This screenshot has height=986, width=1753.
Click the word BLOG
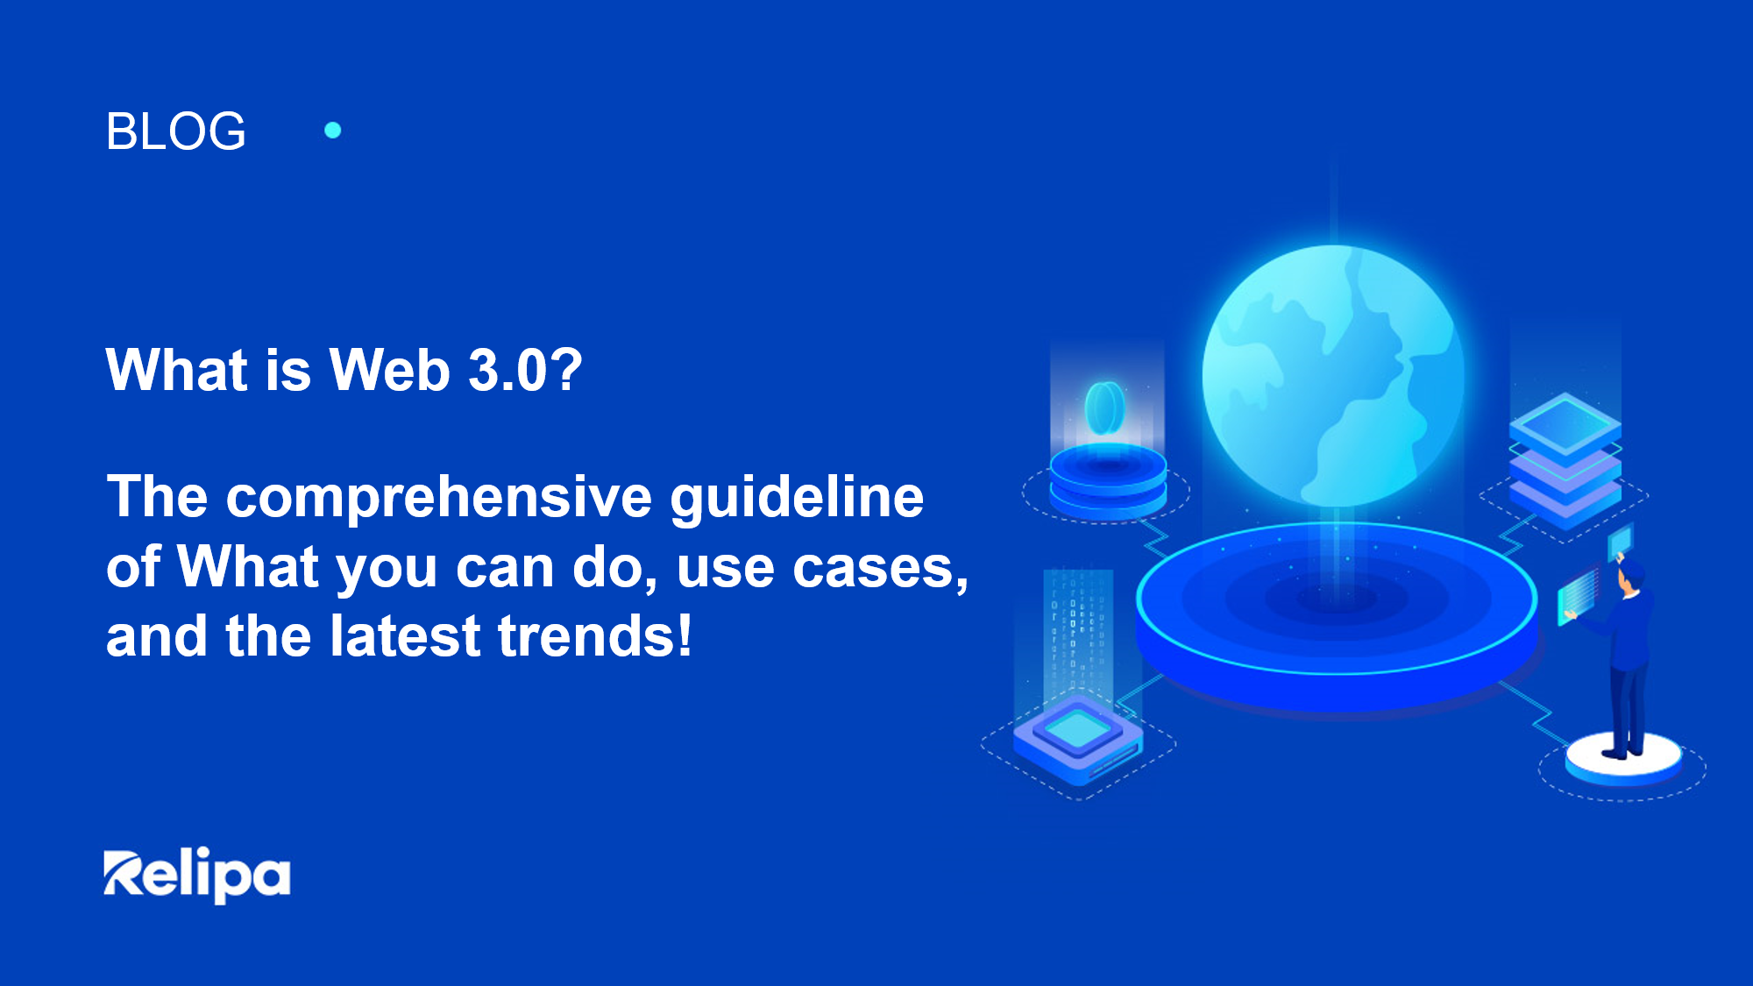(x=175, y=131)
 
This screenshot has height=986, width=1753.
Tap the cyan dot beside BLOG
(x=333, y=131)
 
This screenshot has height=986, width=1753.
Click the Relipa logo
(x=197, y=875)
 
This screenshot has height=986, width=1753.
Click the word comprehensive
(x=439, y=497)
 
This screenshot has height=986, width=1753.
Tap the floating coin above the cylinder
(x=1104, y=408)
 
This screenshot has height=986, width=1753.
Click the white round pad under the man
(x=1623, y=759)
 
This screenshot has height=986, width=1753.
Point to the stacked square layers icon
(x=1565, y=460)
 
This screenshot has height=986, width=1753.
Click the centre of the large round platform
(x=1336, y=599)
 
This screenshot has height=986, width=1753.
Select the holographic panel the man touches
(x=1578, y=596)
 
